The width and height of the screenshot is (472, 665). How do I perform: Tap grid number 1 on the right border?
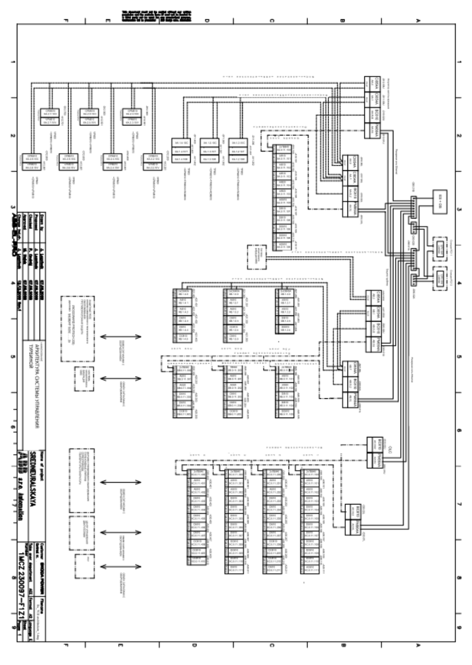tap(458, 62)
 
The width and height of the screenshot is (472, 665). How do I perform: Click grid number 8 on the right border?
tap(458, 577)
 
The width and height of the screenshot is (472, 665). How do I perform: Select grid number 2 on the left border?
tap(13, 136)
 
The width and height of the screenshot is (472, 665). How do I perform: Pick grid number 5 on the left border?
tap(13, 357)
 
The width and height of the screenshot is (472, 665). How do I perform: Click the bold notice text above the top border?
tap(156, 15)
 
